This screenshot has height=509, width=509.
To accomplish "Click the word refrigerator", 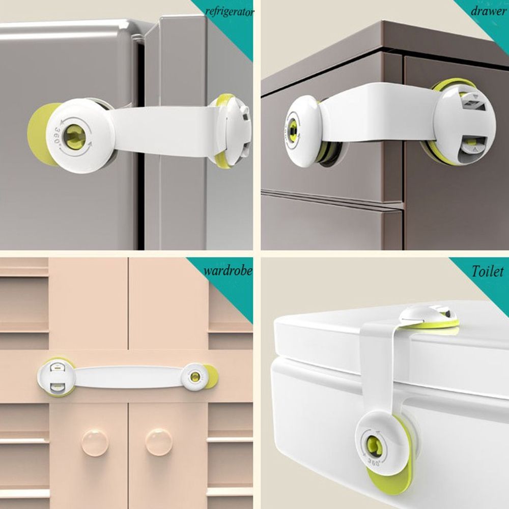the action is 230,12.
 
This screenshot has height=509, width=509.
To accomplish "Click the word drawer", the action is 489,11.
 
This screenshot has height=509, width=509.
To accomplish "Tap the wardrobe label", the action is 228,270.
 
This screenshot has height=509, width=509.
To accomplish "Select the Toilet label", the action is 488,271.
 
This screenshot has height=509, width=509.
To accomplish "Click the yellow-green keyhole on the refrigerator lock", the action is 74,136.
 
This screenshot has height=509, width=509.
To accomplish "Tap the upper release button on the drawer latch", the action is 473,103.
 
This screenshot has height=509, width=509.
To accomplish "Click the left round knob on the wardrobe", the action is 95,442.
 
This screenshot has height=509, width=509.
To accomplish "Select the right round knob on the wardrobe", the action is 159,442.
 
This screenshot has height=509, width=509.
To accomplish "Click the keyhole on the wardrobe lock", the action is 195,377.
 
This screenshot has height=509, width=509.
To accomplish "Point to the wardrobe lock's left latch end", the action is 56,377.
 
